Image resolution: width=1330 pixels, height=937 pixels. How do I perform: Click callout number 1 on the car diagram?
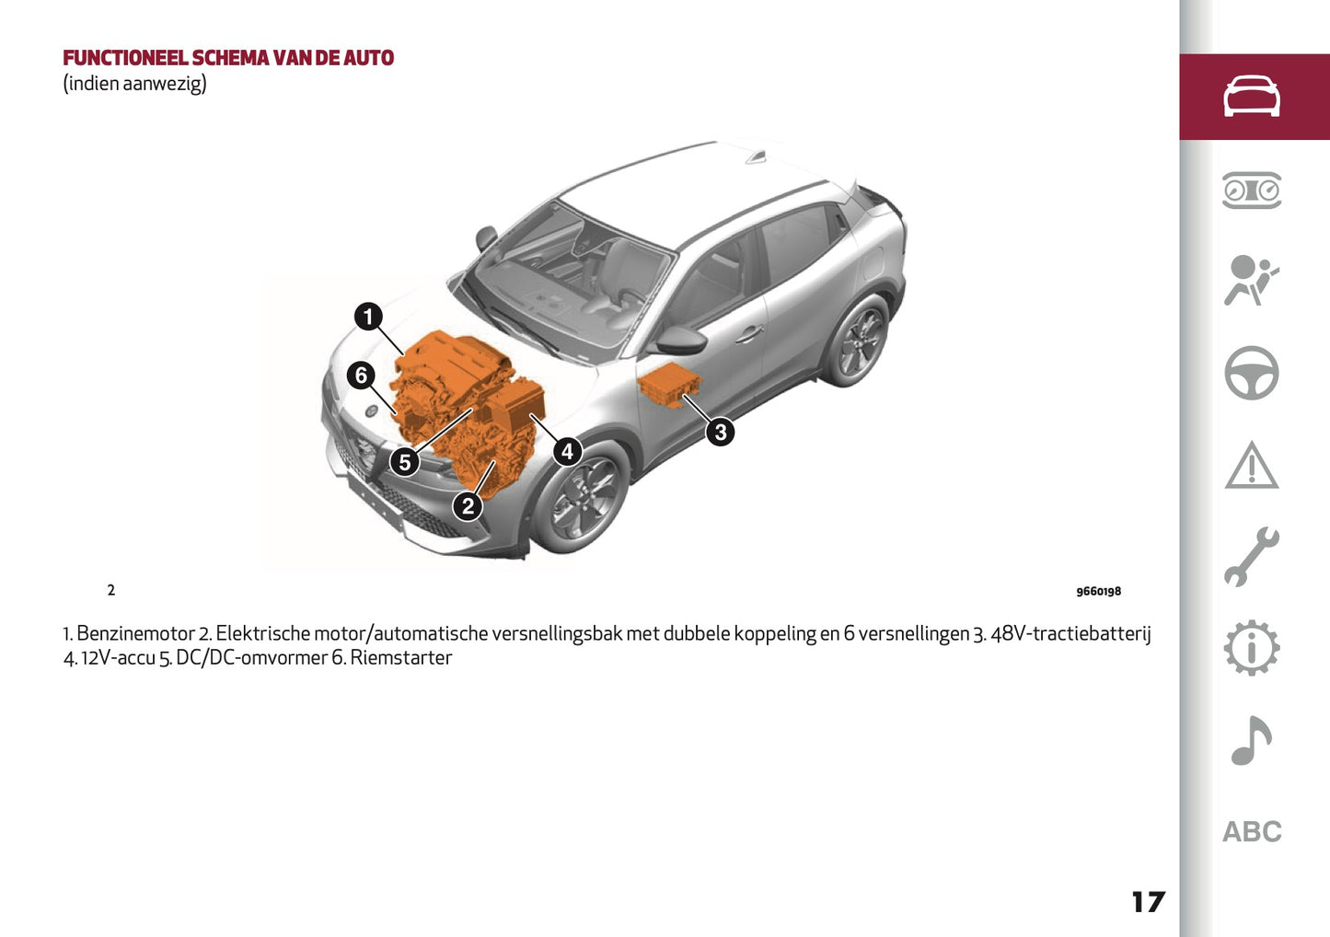pyautogui.click(x=368, y=317)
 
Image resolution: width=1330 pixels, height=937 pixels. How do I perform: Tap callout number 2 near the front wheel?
pyautogui.click(x=468, y=505)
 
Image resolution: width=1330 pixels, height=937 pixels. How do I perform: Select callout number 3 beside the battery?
pyautogui.click(x=721, y=432)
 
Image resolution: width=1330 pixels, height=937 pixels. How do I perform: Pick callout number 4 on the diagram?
pyautogui.click(x=567, y=451)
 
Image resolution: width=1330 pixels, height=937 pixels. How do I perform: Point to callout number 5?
pyautogui.click(x=405, y=462)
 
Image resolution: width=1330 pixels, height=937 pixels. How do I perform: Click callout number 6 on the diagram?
pyautogui.click(x=361, y=376)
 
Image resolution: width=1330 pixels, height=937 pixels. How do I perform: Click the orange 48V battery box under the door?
pyautogui.click(x=669, y=385)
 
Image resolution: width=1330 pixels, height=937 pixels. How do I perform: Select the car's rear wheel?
pyautogui.click(x=858, y=341)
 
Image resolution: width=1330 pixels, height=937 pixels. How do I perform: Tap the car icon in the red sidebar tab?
pyautogui.click(x=1252, y=97)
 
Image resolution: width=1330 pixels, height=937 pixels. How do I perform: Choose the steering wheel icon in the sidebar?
pyautogui.click(x=1252, y=373)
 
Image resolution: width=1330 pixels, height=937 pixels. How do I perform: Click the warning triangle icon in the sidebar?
pyautogui.click(x=1252, y=465)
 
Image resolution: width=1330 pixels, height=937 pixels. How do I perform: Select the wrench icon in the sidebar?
pyautogui.click(x=1252, y=557)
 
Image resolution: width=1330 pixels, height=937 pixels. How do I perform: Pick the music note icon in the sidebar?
pyautogui.click(x=1252, y=740)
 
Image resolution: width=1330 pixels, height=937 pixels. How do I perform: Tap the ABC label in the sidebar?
pyautogui.click(x=1252, y=832)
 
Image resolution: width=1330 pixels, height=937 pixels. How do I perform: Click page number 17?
pyautogui.click(x=1148, y=902)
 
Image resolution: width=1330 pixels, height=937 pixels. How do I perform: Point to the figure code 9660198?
pyautogui.click(x=1098, y=592)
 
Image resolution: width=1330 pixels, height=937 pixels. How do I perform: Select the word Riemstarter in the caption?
pyautogui.click(x=401, y=658)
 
